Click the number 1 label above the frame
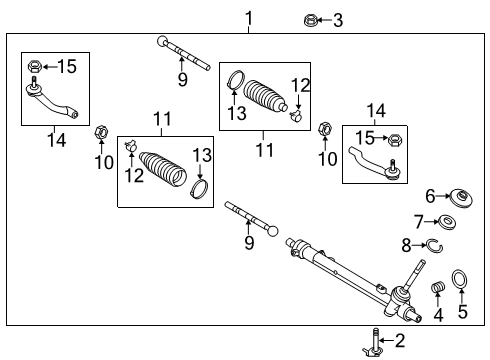click(248, 17)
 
